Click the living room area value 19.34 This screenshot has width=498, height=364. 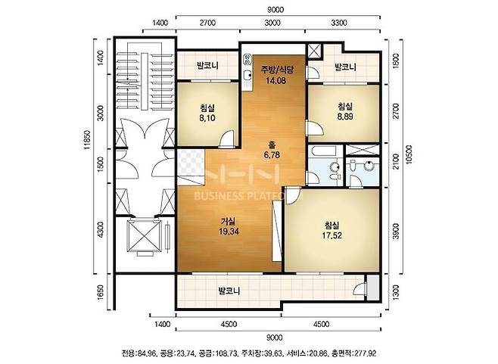click(x=229, y=232)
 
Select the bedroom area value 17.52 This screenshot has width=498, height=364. click(x=332, y=235)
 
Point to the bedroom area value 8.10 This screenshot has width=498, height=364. click(x=207, y=118)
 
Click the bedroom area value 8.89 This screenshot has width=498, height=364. click(x=345, y=117)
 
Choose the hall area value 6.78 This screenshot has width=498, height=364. click(x=272, y=155)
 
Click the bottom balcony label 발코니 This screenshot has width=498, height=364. click(x=229, y=291)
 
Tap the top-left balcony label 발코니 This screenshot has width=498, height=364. click(x=207, y=66)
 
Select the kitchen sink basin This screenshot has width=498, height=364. click(x=247, y=76)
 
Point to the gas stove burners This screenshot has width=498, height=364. click(x=247, y=59)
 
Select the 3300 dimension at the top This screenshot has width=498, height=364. click(x=339, y=23)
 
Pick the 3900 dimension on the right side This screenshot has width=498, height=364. click(x=396, y=232)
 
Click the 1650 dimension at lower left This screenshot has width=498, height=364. click(x=101, y=292)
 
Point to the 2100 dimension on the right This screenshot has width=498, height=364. click(x=396, y=162)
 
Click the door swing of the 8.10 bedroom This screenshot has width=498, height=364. click(x=228, y=138)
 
